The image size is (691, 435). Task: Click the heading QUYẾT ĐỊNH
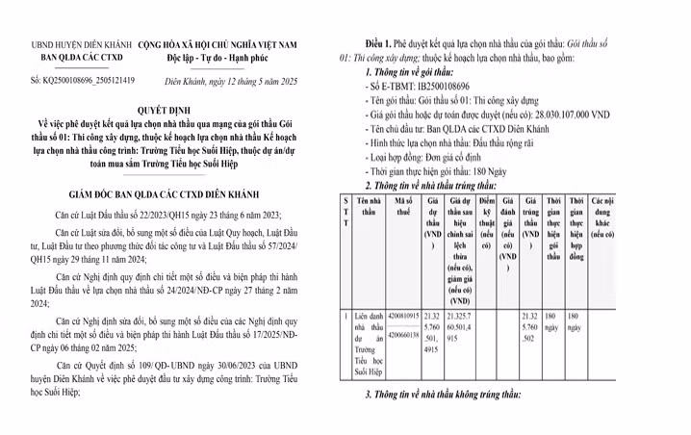171,110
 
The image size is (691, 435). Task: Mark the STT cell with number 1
345,316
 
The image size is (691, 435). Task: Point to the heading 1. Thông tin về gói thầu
415,73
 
